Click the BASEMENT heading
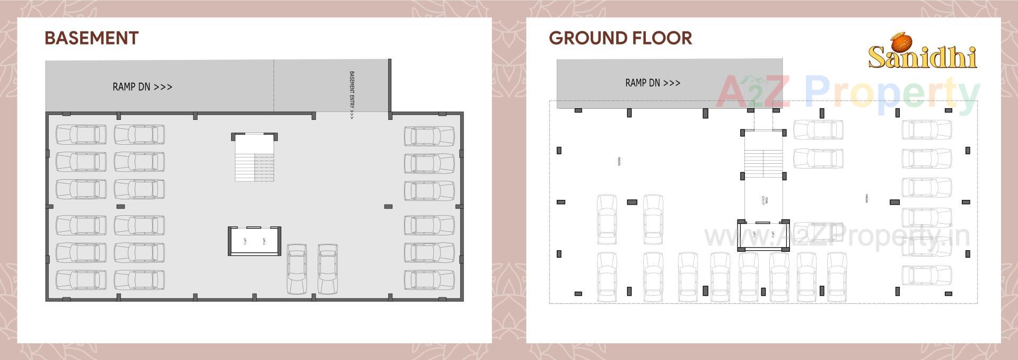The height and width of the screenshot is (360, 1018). [x=91, y=38]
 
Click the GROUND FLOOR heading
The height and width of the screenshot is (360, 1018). [x=620, y=38]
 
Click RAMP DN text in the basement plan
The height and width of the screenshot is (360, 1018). [x=142, y=87]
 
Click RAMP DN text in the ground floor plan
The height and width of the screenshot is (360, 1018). [x=653, y=83]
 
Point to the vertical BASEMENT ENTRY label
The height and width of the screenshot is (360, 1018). [x=352, y=95]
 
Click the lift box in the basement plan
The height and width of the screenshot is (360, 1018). [x=254, y=241]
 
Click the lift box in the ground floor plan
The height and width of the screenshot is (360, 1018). [x=763, y=235]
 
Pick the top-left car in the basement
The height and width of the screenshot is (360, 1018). [x=81, y=135]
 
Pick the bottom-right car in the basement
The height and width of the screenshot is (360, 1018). [x=429, y=280]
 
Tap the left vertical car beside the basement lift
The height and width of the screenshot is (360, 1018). [x=296, y=269]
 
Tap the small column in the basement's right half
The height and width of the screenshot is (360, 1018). [x=388, y=206]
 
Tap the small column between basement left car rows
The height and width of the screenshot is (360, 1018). [x=120, y=206]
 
